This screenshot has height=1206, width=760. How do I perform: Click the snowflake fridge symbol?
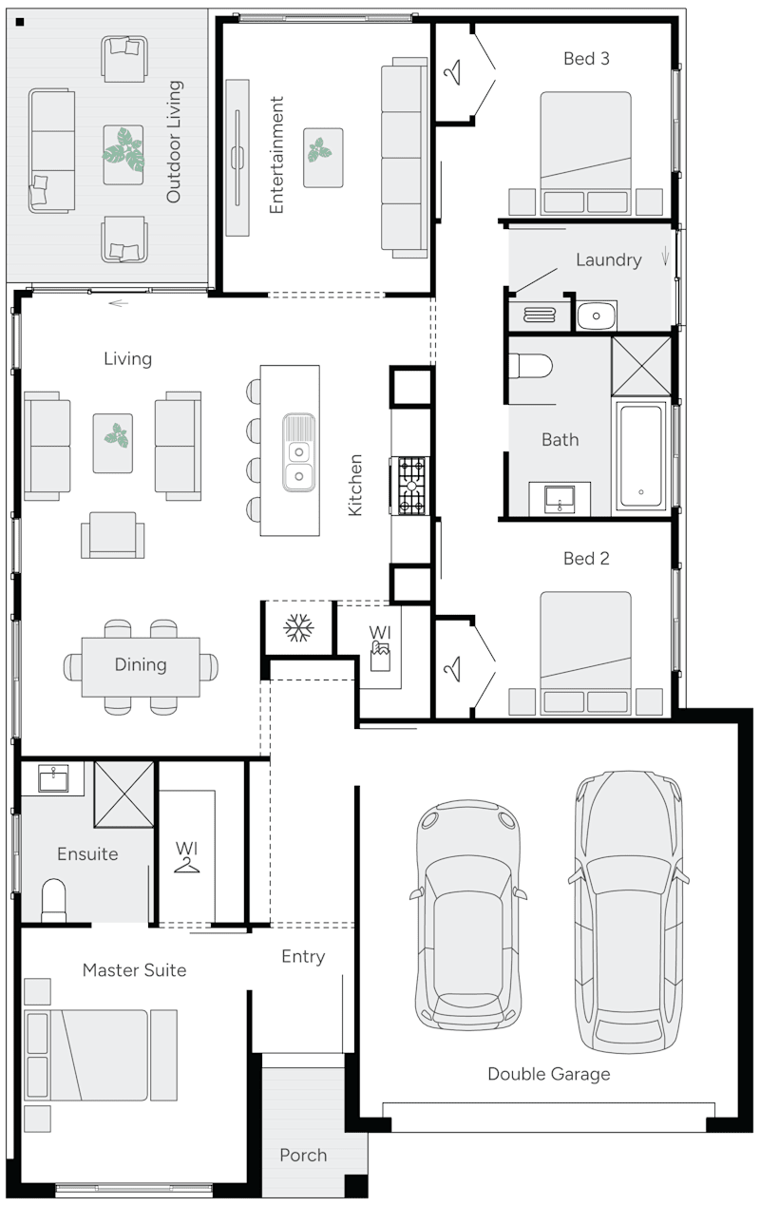point(299,627)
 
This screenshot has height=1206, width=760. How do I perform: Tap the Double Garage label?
point(548,1074)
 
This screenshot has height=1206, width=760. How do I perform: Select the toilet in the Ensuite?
point(54,899)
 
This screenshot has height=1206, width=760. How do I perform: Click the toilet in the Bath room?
point(530,365)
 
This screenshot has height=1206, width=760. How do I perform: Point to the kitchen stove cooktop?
point(411,485)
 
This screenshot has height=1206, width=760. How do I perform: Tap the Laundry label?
point(608,259)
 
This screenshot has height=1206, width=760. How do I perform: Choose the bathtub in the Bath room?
point(643,455)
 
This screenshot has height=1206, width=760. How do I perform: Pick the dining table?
point(141,665)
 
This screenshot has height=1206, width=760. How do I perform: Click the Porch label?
point(303,1155)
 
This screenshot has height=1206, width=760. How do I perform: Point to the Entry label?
point(303,957)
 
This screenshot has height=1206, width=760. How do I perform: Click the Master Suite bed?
point(100,1055)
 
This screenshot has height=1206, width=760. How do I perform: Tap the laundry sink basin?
point(596,315)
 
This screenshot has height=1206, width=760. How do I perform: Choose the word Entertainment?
point(276,154)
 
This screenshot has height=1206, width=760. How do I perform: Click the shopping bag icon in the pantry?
point(379,653)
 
